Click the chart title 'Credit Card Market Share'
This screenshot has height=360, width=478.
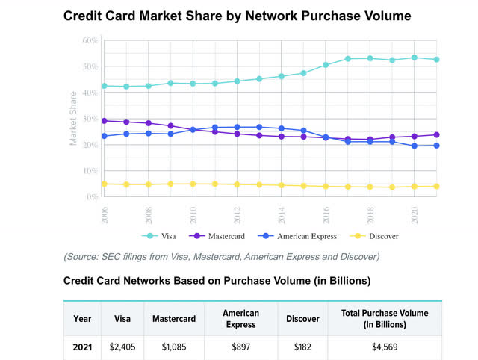point(237,15)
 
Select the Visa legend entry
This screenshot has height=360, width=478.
point(169,236)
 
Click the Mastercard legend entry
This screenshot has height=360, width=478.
point(223,236)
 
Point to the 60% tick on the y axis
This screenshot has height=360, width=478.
point(89,40)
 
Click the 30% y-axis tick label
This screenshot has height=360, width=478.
point(89,119)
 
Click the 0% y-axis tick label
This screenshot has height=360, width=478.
point(90,197)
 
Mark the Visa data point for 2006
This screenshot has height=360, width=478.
point(104,86)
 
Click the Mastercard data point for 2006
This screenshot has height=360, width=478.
point(104,120)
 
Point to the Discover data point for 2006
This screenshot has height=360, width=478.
point(104,184)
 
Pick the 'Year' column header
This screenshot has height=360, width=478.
point(82,318)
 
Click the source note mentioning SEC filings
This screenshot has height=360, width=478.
point(221,256)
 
